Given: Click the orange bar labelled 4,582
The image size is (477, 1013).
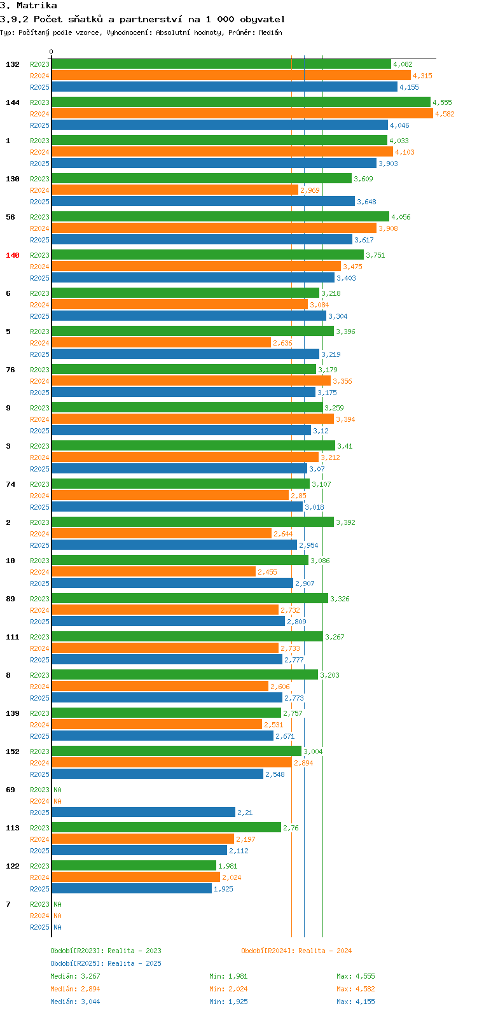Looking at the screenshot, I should coord(242,114).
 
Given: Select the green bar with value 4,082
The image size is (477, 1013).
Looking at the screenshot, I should coord(221,64).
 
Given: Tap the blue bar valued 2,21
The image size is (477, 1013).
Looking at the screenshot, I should coord(143,813).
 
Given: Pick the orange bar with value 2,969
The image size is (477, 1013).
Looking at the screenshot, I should coord(175,190).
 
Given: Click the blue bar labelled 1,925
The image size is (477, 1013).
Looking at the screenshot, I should coord(132,889).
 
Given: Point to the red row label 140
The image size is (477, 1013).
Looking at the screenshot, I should coord(13,255).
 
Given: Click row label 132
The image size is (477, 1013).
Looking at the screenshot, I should coord(13,64).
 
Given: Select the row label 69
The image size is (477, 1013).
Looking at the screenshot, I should coord(11,790).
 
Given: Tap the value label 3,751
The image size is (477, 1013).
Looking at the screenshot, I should coord(375,255).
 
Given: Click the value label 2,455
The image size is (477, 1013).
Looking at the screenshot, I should coord(267,572).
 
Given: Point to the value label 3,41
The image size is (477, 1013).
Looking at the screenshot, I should coord(345,446).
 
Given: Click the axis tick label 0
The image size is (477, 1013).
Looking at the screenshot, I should coord(52,52).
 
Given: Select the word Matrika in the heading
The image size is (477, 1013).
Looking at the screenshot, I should coord(37,6).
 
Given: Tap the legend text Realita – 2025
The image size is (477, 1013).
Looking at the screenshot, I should coord(134,963).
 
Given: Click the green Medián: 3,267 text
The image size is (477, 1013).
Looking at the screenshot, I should coord(75,976).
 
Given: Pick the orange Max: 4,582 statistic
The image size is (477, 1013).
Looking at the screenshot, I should coord(356,989).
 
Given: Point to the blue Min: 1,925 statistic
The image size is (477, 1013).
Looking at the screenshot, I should coord(228,1002).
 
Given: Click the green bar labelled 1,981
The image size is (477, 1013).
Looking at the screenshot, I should coord(134,866).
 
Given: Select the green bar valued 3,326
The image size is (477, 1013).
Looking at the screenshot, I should coord(190,599).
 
